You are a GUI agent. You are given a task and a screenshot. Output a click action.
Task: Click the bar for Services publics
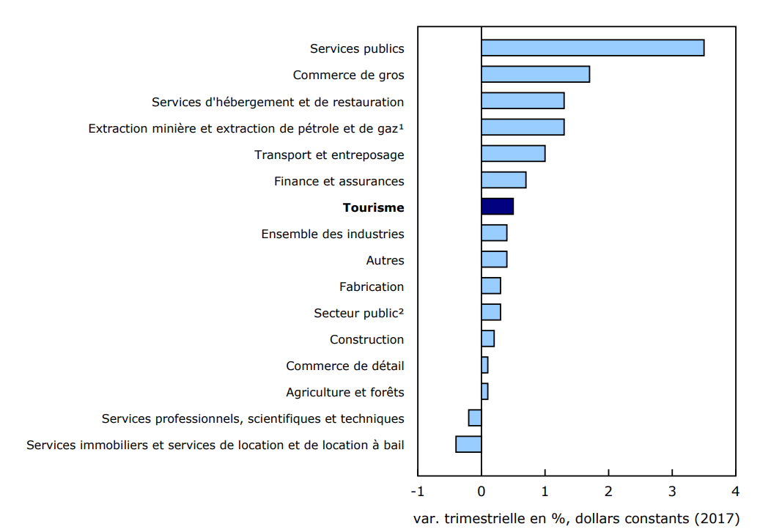tap(592, 48)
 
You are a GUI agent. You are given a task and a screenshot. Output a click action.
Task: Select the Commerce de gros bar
tap(535, 75)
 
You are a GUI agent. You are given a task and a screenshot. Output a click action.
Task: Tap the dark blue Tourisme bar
tap(497, 207)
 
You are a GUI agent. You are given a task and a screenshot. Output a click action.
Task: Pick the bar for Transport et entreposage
tap(513, 154)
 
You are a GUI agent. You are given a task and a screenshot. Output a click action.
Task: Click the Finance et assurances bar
tap(503, 180)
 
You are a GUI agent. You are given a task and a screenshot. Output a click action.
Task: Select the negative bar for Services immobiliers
tap(468, 444)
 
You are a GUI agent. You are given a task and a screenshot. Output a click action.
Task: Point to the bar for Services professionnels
tap(475, 418)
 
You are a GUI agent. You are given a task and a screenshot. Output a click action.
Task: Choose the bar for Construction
tap(487, 339)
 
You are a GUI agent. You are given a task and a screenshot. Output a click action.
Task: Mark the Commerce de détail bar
tap(484, 365)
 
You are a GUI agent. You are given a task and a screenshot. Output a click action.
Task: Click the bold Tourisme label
tap(373, 207)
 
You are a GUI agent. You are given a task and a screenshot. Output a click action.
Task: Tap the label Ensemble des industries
tap(332, 234)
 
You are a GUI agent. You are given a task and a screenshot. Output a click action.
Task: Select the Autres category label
tap(385, 260)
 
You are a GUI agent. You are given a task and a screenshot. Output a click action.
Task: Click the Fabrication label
tap(372, 287)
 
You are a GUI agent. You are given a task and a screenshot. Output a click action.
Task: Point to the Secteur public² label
tap(358, 313)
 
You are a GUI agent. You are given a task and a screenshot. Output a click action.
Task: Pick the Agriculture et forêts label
tap(344, 392)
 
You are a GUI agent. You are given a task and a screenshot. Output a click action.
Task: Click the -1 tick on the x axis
tap(417, 490)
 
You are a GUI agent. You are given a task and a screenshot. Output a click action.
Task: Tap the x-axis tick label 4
tap(735, 490)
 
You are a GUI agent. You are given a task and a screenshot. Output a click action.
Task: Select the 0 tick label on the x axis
tap(482, 490)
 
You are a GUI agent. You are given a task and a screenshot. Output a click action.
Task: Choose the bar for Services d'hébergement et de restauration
tap(523, 101)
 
